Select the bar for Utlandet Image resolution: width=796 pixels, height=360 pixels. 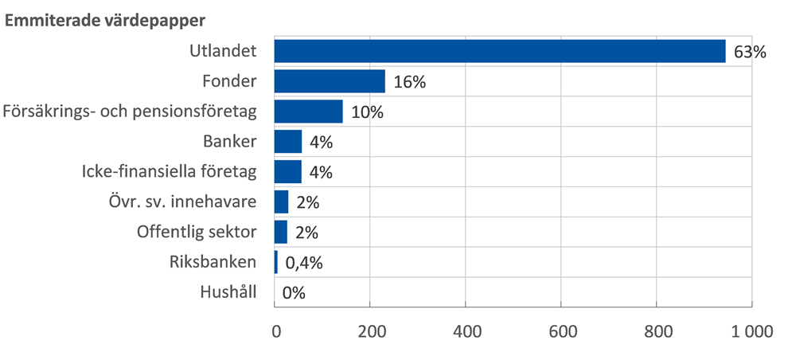500,52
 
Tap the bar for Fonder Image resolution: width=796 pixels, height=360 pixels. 330,81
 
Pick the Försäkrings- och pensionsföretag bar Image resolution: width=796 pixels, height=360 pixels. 309,112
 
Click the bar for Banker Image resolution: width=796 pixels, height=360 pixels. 288,142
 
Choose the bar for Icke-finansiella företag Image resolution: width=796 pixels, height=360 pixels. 288,172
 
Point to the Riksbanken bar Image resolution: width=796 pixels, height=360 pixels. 276,262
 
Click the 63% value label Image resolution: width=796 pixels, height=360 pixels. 749,53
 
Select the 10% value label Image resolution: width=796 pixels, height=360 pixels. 367,112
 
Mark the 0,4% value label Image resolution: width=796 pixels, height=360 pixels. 302,263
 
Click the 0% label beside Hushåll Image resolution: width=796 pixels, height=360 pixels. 294,292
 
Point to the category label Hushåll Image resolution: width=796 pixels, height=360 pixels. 228,292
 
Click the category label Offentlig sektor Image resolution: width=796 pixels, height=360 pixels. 197,232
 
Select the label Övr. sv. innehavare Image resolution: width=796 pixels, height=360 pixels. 182,202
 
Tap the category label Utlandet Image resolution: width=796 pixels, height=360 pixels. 223,52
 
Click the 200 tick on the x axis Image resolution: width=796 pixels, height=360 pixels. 370,332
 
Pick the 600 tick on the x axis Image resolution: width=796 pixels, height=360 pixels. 561,332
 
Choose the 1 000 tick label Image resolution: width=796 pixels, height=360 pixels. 747,332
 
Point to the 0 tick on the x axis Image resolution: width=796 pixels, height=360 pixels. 275,332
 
